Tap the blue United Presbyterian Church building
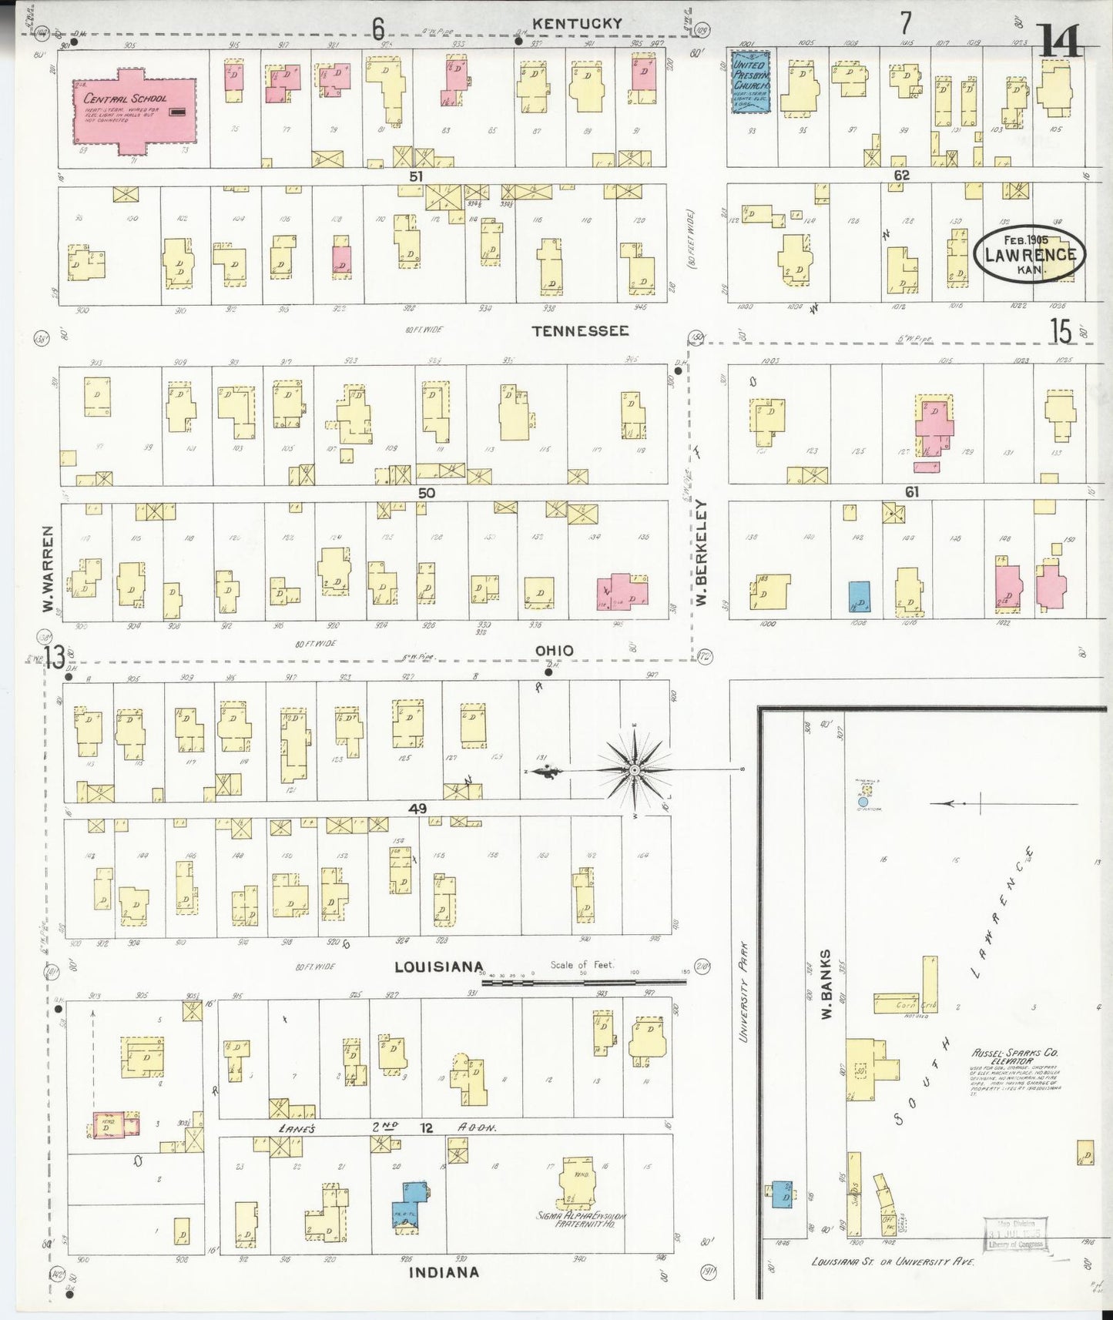click(x=749, y=82)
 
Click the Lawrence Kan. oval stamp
click(x=1030, y=253)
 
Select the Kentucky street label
click(x=577, y=24)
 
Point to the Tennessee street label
click(x=580, y=330)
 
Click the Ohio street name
click(x=554, y=651)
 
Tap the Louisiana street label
click(x=439, y=967)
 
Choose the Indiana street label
click(x=443, y=1272)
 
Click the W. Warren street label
click(x=49, y=570)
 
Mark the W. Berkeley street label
click(x=701, y=551)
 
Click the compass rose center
click(x=633, y=770)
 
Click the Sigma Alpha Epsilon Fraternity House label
click(x=582, y=1219)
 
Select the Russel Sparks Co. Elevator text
click(x=1014, y=1057)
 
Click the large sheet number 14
click(x=1059, y=40)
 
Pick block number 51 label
click(x=416, y=176)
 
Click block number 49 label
click(x=417, y=809)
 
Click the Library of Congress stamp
click(x=1018, y=1235)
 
